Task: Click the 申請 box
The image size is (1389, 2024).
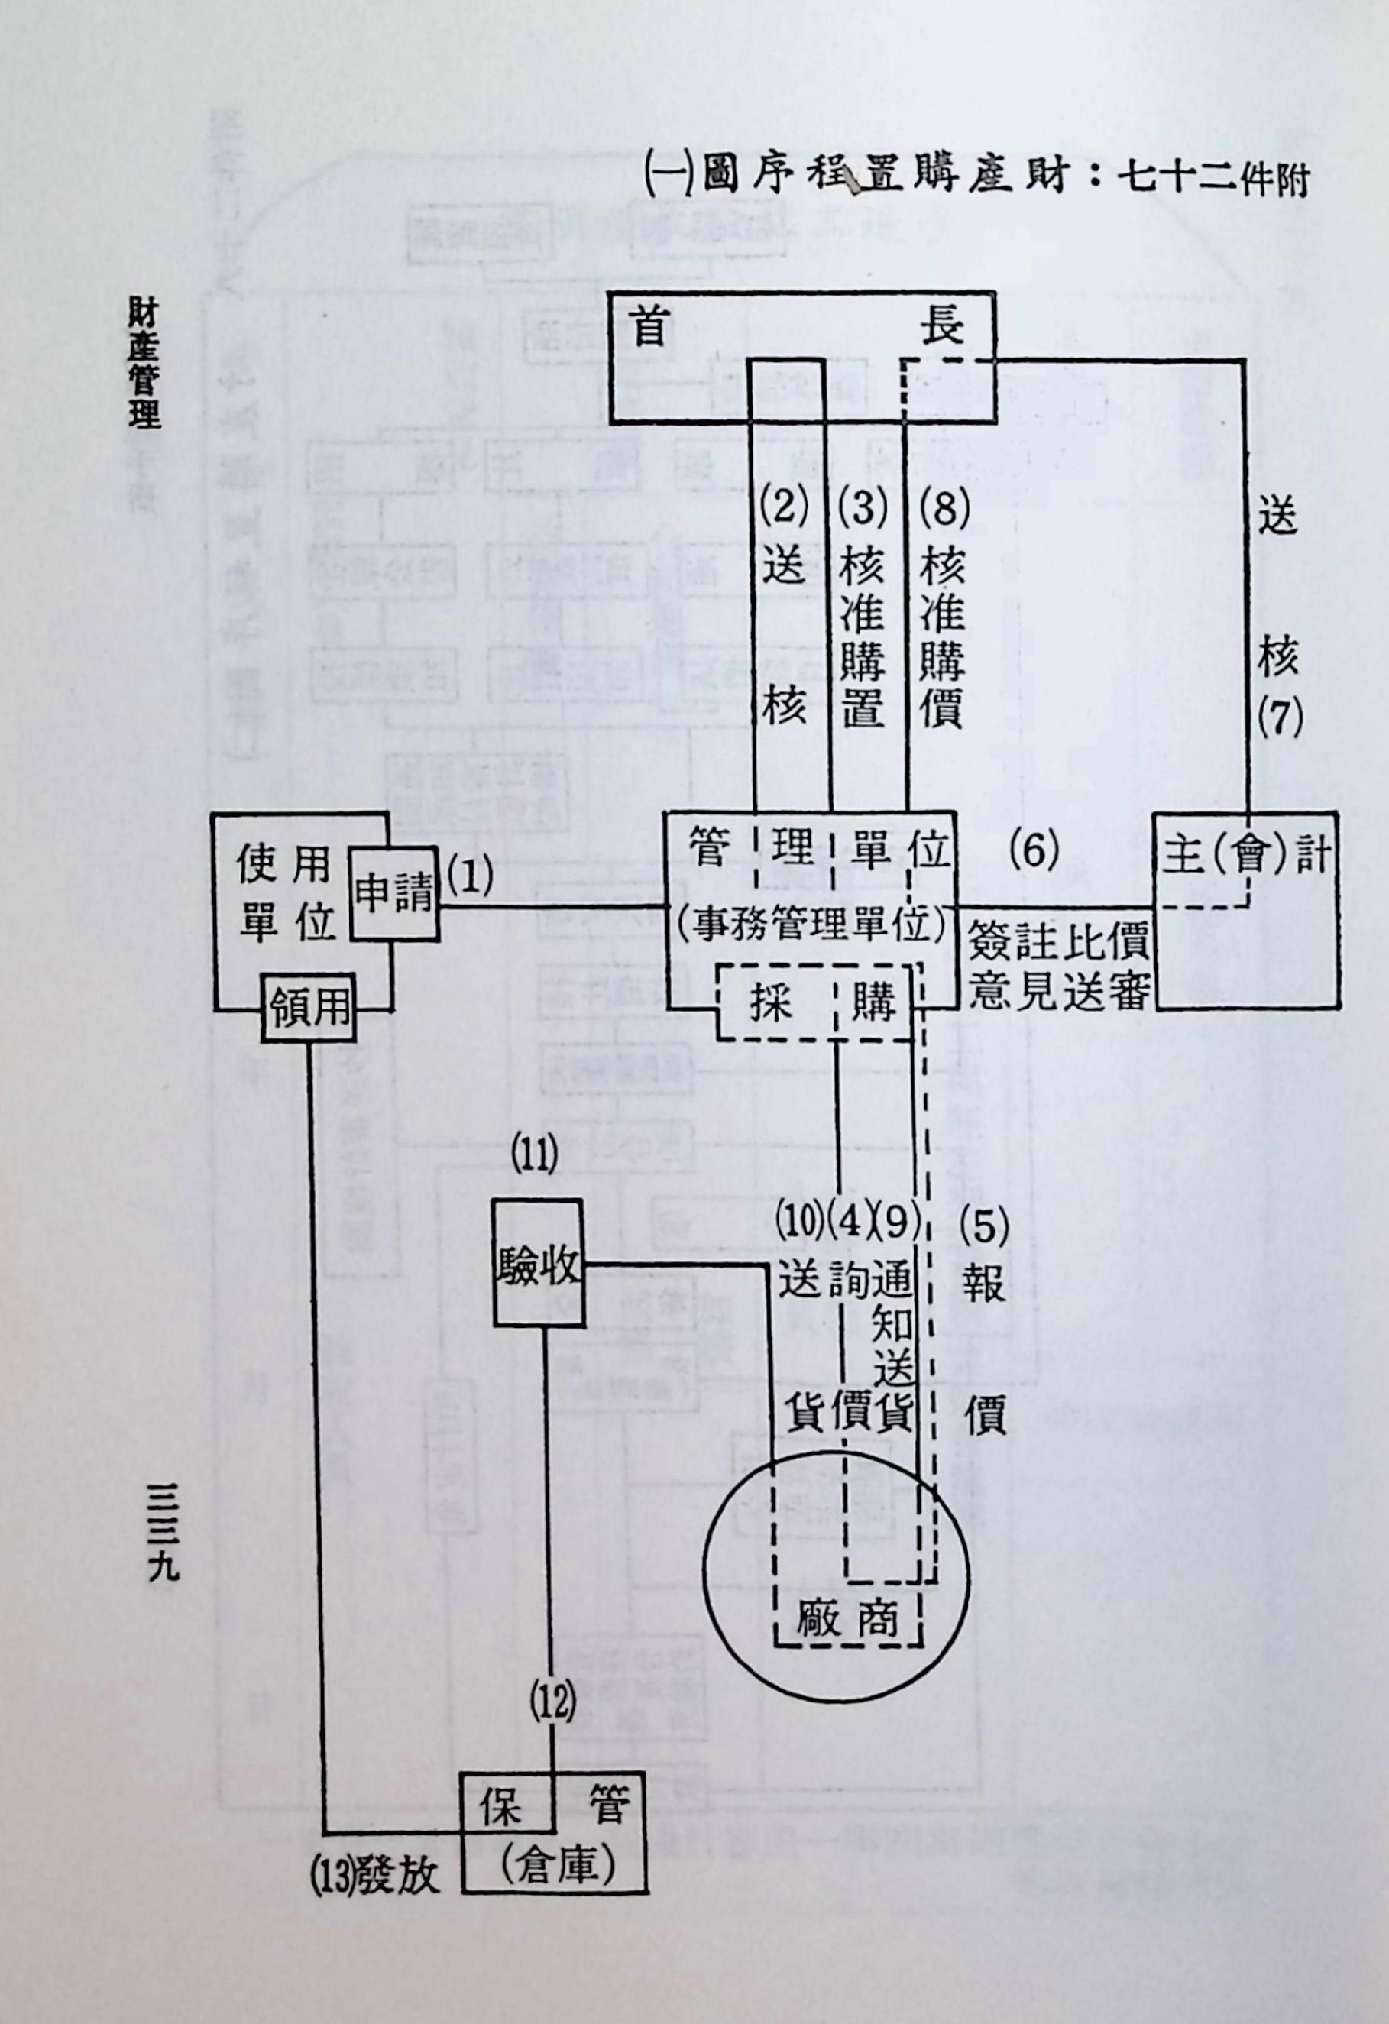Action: coord(393,893)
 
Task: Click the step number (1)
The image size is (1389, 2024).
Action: coord(470,879)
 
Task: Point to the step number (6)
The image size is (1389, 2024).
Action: coord(1034,850)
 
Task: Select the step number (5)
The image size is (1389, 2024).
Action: coord(984,1228)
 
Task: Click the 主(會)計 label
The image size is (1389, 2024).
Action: coord(1247,855)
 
